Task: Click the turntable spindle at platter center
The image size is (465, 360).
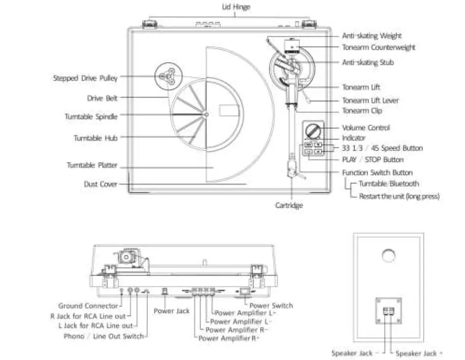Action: [x=205, y=115]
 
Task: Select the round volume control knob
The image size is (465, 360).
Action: [x=313, y=131]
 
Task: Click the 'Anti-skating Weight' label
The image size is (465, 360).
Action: [x=371, y=36]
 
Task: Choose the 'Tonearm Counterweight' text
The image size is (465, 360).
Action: [x=378, y=47]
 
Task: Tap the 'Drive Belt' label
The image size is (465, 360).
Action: [x=102, y=98]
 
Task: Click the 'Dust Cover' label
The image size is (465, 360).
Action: [x=100, y=184]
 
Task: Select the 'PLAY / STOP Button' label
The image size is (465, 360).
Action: [x=372, y=159]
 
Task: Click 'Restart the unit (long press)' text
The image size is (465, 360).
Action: [x=399, y=196]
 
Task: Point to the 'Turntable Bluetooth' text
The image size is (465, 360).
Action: [x=388, y=184]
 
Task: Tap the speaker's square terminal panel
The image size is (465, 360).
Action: [x=387, y=311]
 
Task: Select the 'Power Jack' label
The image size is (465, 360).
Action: [x=171, y=310]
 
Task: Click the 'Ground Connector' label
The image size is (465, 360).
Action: [x=88, y=306]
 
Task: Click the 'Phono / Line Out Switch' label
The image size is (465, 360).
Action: [x=103, y=336]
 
